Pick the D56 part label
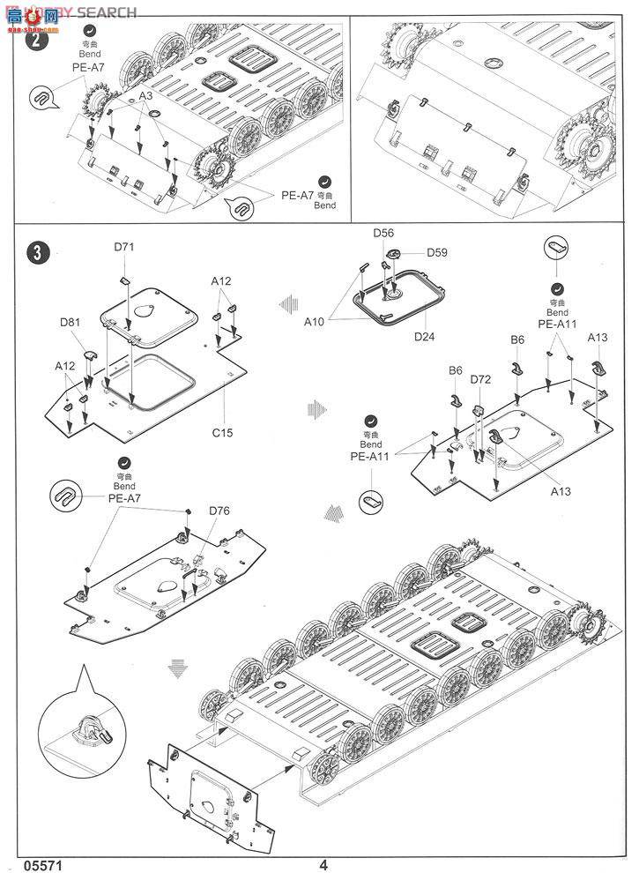pyautogui.click(x=383, y=233)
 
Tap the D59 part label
pyautogui.click(x=437, y=252)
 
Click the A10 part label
pyautogui.click(x=315, y=322)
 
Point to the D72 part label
pyautogui.click(x=480, y=379)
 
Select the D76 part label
pyautogui.click(x=219, y=511)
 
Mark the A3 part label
pyautogui.click(x=146, y=94)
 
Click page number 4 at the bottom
pyautogui.click(x=323, y=864)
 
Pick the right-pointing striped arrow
pyautogui.click(x=317, y=408)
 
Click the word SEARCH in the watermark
pyautogui.click(x=106, y=11)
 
